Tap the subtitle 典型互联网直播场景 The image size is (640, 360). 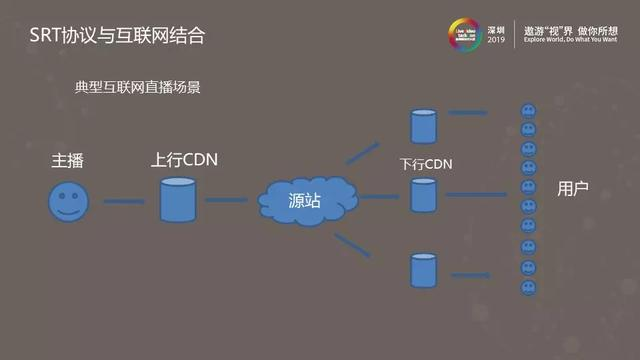tap(138, 87)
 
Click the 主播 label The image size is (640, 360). tap(69, 161)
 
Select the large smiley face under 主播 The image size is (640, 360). tap(67, 201)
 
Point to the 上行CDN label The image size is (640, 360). tap(184, 160)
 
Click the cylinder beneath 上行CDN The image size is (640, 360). tap(178, 200)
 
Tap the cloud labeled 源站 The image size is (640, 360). tap(304, 201)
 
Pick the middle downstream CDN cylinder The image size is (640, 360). tap(424, 195)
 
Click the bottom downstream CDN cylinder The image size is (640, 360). tap(424, 270)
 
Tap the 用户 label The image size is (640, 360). tap(572, 188)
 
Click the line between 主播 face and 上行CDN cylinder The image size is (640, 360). tap(124, 202)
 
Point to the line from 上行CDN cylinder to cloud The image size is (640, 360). tap(227, 200)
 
